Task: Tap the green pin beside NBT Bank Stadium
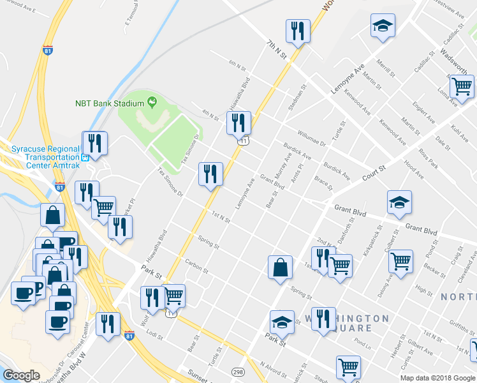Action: (152, 101)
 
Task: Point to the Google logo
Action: (21, 375)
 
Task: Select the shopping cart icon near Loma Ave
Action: (461, 86)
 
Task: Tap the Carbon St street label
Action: (196, 265)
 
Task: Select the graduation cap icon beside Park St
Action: (282, 322)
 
